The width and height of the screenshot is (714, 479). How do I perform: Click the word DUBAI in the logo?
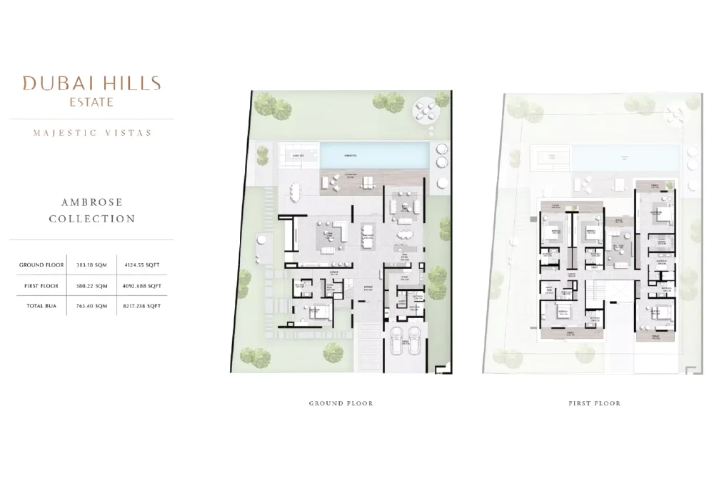coord(52,83)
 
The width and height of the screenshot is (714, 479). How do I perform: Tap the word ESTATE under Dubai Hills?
coord(91,102)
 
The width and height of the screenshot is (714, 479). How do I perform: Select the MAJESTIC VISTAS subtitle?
coord(91,132)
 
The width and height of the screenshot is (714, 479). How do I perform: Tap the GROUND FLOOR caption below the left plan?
coord(341,403)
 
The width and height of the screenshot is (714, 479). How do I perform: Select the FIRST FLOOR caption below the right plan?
coord(594,403)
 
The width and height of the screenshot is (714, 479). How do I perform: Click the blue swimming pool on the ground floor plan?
coord(374,154)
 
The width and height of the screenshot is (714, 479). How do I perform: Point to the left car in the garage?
coord(396,341)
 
